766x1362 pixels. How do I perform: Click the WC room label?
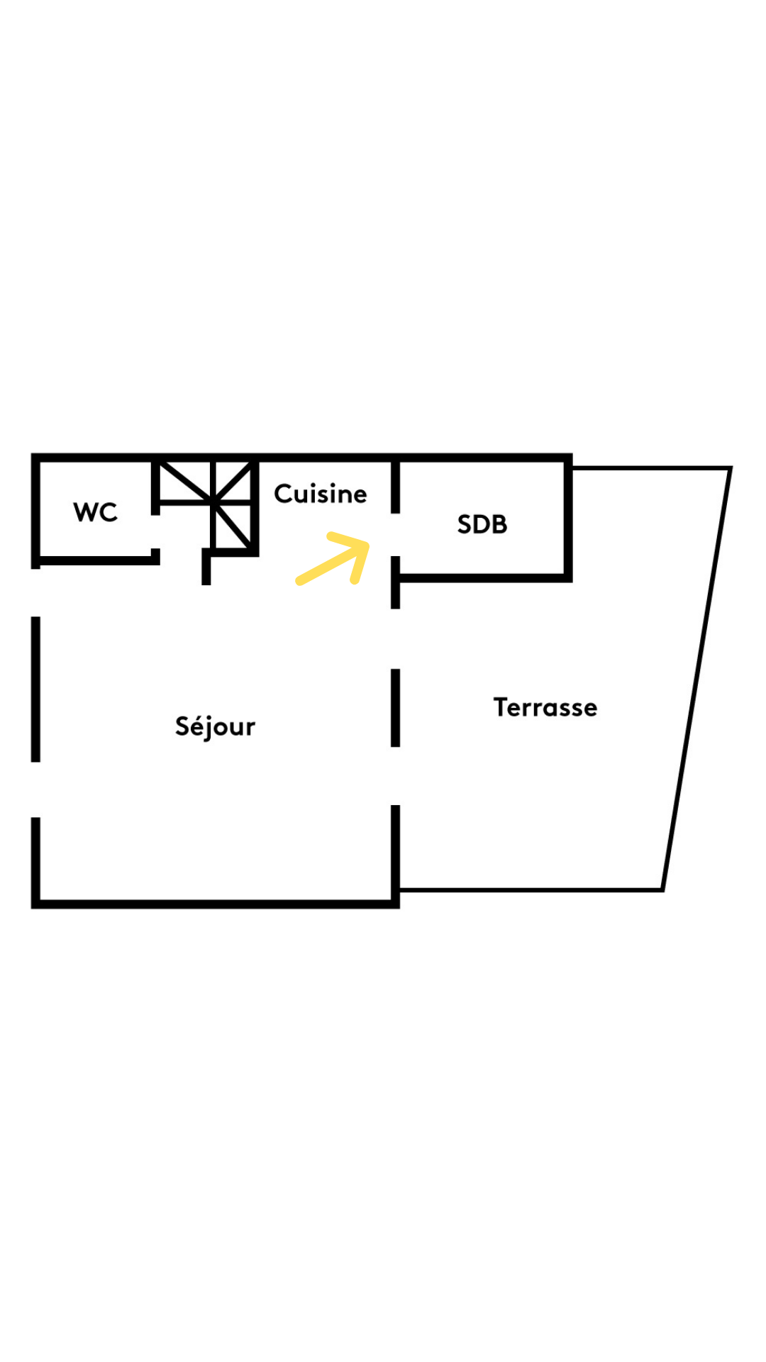95,512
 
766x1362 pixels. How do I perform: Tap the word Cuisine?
321,494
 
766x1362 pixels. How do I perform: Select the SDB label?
482,524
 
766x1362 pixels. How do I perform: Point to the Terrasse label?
545,707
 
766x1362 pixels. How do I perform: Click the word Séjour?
215,727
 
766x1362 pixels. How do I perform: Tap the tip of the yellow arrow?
367,545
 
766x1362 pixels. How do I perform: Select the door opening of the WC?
155,531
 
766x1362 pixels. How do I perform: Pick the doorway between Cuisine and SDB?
396,535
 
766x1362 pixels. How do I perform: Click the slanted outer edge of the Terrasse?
696,679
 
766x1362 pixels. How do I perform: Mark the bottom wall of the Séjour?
216,904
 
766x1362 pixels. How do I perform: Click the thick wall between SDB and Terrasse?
567,519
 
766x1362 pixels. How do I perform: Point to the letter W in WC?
85,512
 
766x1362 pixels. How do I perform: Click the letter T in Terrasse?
501,707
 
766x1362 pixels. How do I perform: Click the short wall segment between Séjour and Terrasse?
396,708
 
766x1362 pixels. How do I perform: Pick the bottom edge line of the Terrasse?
531,890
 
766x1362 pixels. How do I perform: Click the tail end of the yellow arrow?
299,582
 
